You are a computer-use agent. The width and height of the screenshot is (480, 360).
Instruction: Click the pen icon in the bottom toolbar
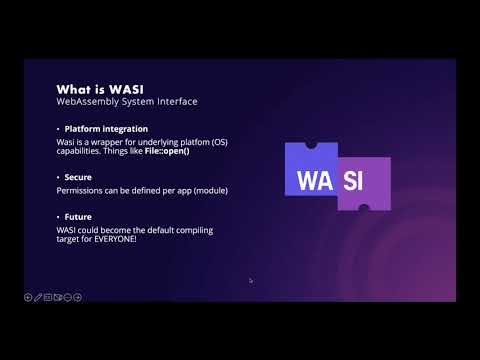point(38,296)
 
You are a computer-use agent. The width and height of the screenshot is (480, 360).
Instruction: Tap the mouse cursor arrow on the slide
point(250,280)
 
